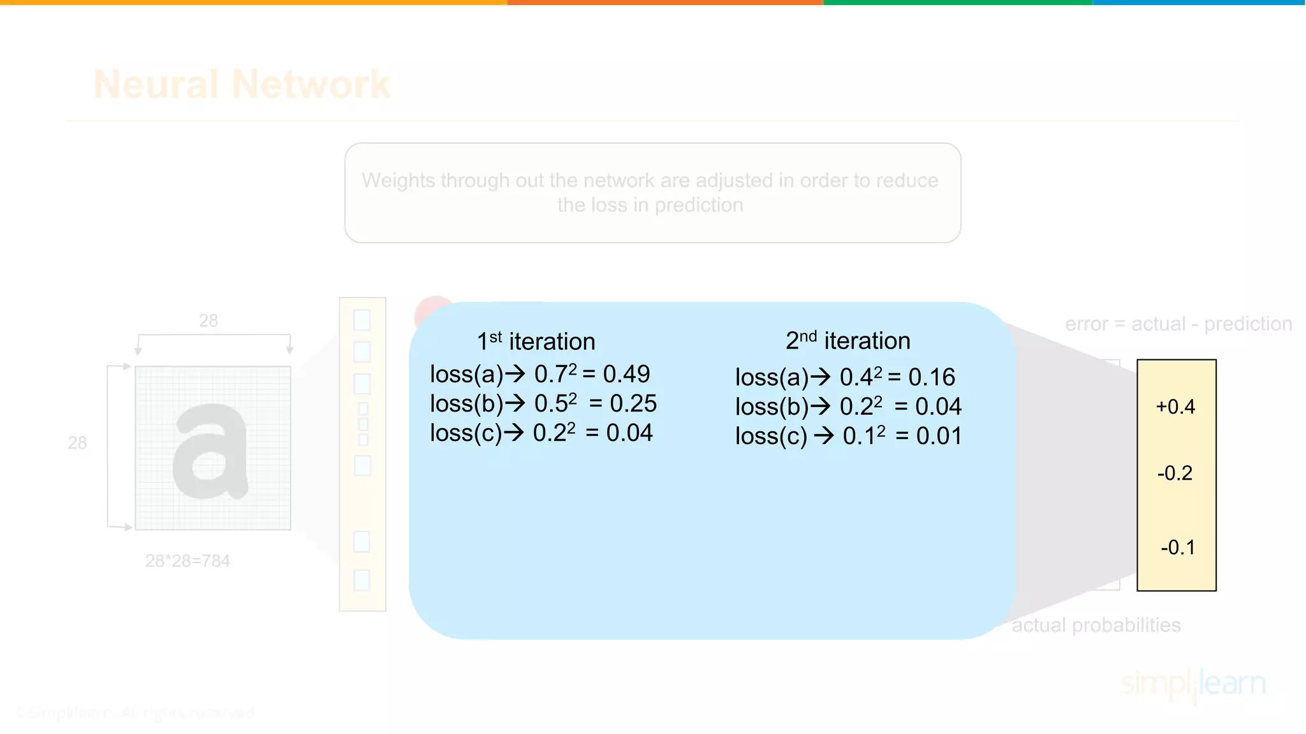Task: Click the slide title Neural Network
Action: click(242, 84)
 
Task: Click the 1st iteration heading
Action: click(536, 342)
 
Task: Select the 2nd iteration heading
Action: click(847, 341)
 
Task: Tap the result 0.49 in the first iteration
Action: click(626, 374)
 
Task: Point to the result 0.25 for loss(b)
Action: click(633, 403)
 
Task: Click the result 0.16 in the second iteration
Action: click(932, 377)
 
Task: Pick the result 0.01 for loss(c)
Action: click(939, 436)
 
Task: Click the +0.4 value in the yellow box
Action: click(1175, 407)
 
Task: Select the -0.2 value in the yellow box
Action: click(1175, 473)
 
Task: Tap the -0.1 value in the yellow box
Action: click(1177, 547)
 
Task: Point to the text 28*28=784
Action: click(187, 561)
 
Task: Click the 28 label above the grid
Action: click(209, 320)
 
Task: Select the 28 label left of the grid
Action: click(77, 443)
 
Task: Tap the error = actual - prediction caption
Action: click(1178, 324)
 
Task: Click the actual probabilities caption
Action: click(1096, 625)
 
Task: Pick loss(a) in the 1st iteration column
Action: click(466, 374)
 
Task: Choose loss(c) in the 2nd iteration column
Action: click(771, 436)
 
